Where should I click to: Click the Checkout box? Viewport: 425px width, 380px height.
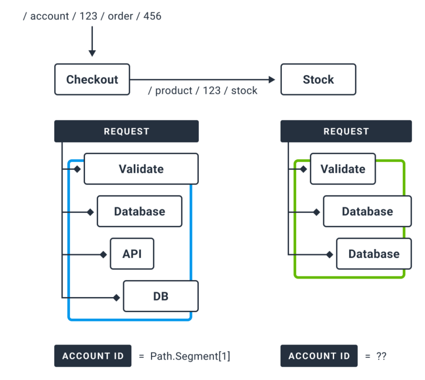click(92, 79)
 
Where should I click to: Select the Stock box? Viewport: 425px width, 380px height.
click(318, 79)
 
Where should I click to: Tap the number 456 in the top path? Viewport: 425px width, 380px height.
click(152, 17)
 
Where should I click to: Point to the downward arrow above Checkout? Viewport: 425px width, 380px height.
click(92, 41)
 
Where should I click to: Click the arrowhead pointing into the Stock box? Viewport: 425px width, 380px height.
click(272, 80)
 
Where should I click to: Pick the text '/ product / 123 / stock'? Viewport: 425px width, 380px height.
click(203, 91)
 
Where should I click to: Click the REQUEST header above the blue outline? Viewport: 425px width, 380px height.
click(126, 131)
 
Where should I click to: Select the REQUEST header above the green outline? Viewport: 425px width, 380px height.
click(346, 131)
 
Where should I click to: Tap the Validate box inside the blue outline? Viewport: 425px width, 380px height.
click(141, 169)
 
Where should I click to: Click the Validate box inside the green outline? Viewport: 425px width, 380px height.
click(343, 169)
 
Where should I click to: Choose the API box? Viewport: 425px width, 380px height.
click(132, 254)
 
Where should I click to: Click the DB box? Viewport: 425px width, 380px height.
click(161, 296)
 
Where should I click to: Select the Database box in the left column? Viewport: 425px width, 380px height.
click(139, 211)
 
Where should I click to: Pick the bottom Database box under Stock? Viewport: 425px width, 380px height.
click(374, 254)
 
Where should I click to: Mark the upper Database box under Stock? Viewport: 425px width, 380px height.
click(367, 211)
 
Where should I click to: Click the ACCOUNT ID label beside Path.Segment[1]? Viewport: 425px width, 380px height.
click(92, 356)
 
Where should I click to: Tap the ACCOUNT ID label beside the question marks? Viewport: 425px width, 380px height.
click(319, 356)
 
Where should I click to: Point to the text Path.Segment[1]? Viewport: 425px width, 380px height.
click(190, 356)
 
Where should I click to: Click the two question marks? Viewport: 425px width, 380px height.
click(381, 356)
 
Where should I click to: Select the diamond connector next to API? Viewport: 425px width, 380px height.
click(103, 254)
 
